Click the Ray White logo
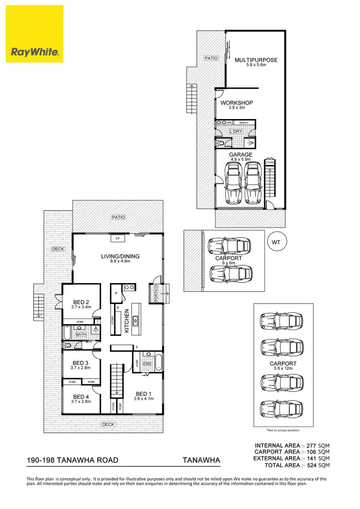[35, 34]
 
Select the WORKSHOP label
[237, 103]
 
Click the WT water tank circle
[276, 242]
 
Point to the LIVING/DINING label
[120, 256]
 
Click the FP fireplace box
[118, 238]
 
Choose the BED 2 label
[81, 302]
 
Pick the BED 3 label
[81, 363]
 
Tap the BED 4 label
[81, 396]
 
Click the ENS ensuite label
[147, 364]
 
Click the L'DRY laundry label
[236, 131]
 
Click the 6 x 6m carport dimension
[228, 263]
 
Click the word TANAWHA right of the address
[201, 461]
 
